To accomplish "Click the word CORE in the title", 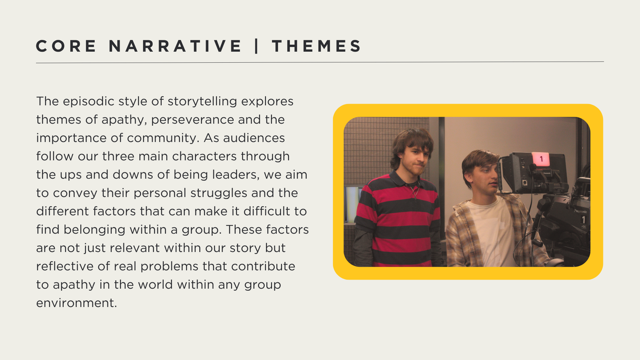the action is coord(66,46).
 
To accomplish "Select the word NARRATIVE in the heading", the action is coord(175,46).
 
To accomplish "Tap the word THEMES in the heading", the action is coord(316,46).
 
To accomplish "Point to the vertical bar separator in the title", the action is coord(257,46).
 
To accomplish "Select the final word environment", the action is coord(76,303).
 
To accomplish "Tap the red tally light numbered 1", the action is coord(541,159).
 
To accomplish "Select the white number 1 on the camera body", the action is coord(583,220).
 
